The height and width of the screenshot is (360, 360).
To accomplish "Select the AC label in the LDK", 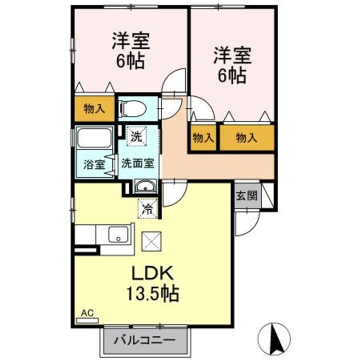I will [x=87, y=313].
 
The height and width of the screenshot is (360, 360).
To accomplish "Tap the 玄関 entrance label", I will [x=247, y=195].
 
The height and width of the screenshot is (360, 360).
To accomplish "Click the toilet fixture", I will [x=132, y=108].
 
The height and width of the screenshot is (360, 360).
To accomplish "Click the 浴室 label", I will [x=93, y=163].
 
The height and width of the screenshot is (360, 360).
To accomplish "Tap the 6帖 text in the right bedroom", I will [x=231, y=75].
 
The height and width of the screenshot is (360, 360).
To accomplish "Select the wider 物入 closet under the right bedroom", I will [x=247, y=138].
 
